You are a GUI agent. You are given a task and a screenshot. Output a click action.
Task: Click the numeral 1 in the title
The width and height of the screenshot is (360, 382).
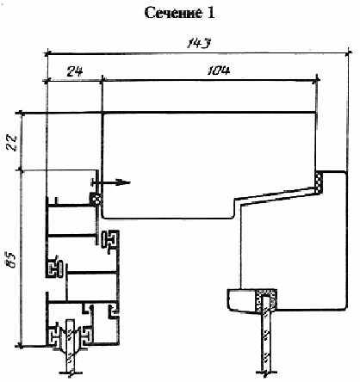click(x=211, y=13)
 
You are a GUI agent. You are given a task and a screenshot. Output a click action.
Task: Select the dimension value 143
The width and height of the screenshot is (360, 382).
click(x=199, y=44)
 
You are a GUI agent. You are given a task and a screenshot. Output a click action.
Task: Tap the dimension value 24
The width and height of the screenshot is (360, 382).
click(x=75, y=71)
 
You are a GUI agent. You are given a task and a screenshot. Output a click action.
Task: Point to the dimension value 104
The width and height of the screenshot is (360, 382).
click(x=219, y=71)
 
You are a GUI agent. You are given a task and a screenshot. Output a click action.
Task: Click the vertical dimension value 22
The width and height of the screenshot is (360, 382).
click(x=13, y=143)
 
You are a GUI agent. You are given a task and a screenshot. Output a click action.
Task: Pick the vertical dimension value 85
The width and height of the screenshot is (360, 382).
click(x=12, y=260)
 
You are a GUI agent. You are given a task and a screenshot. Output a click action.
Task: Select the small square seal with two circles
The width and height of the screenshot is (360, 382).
click(x=96, y=199)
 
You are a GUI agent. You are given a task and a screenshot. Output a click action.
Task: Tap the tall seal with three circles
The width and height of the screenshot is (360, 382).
click(x=319, y=182)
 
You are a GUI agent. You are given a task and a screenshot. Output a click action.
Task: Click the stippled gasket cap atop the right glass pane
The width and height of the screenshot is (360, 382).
click(x=266, y=300)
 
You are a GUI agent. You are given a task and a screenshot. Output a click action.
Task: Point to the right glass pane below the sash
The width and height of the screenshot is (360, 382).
click(x=267, y=342)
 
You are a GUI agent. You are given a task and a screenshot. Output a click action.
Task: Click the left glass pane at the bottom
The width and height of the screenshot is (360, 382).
click(x=71, y=344)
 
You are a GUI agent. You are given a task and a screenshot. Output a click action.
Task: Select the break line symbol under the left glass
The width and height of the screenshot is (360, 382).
click(x=71, y=373)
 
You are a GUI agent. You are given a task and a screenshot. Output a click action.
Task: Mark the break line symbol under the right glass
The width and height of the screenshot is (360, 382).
click(x=267, y=373)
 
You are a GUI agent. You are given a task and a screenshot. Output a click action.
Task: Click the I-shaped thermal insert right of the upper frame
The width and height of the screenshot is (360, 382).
click(x=109, y=239)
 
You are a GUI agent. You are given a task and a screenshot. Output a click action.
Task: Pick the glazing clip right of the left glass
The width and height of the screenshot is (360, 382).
click(x=85, y=336)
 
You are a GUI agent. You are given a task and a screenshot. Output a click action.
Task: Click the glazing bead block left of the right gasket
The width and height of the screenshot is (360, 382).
click(x=242, y=300)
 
